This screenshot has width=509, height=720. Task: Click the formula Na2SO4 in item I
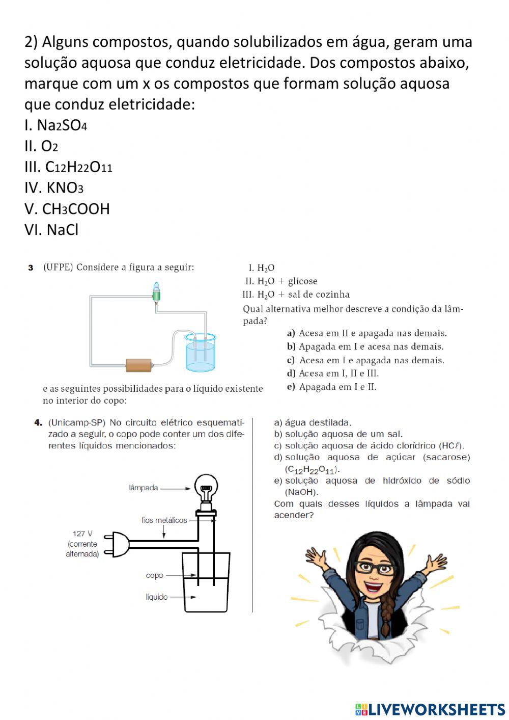click(62, 125)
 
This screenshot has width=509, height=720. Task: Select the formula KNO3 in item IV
click(65, 188)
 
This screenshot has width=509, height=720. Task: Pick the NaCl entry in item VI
click(62, 230)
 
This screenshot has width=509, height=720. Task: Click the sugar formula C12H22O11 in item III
click(78, 167)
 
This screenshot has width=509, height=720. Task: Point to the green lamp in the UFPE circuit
click(157, 293)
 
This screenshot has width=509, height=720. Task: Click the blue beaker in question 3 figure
click(201, 352)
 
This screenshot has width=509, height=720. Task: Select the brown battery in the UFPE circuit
click(138, 365)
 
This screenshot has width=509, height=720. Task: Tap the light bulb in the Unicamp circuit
click(206, 489)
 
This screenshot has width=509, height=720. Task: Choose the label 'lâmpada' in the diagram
click(144, 488)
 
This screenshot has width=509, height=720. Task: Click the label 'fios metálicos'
click(164, 520)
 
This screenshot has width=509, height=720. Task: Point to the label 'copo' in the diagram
click(154, 575)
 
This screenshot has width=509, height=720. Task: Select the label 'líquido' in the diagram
click(156, 597)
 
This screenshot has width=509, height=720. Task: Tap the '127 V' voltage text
click(82, 534)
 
